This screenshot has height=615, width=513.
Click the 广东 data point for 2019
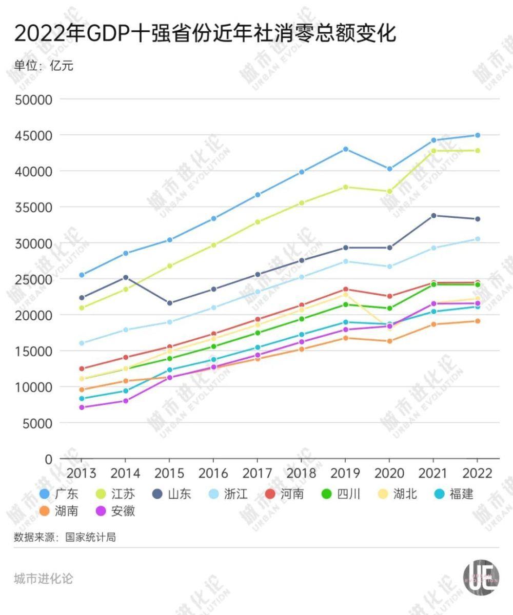pyautogui.click(x=346, y=149)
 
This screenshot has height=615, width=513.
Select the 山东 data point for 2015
pyautogui.click(x=169, y=303)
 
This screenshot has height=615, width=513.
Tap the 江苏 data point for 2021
pyautogui.click(x=433, y=151)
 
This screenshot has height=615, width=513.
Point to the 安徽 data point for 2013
pyautogui.click(x=81, y=407)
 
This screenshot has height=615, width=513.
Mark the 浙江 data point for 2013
pyautogui.click(x=81, y=343)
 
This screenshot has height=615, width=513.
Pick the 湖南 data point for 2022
pyautogui.click(x=477, y=321)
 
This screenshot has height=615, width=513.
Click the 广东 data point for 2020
pyautogui.click(x=389, y=169)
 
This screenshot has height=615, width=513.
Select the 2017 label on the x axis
pyautogui.click(x=258, y=473)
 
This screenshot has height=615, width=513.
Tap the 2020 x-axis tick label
pyautogui.click(x=389, y=473)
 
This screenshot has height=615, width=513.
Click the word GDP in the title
pyautogui.click(x=106, y=34)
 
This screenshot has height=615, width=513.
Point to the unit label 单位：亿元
pyautogui.click(x=44, y=66)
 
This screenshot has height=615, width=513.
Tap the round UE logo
pyautogui.click(x=481, y=579)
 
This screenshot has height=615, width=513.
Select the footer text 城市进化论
pyautogui.click(x=44, y=579)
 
